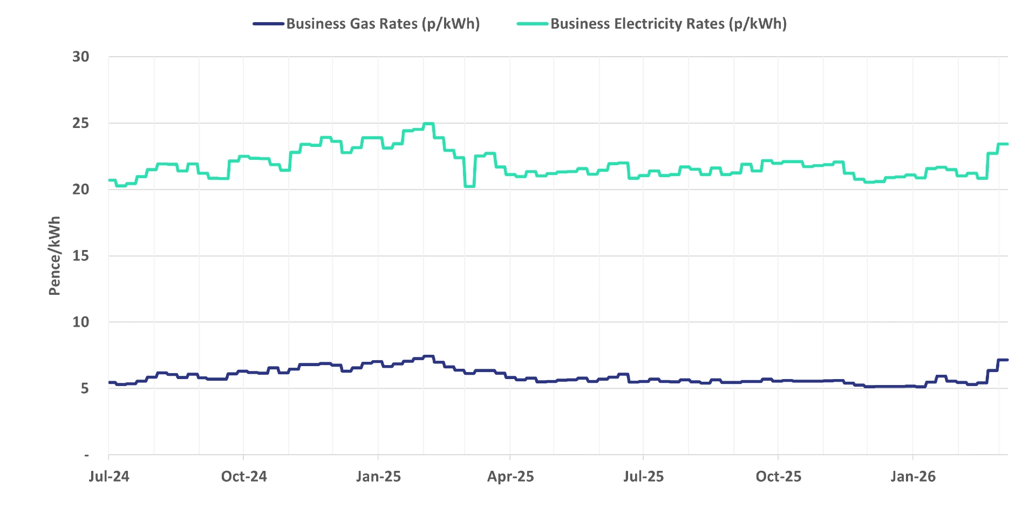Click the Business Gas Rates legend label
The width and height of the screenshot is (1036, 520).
[383, 24]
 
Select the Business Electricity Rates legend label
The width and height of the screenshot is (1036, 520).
[668, 24]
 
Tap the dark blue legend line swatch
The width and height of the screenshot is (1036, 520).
[268, 24]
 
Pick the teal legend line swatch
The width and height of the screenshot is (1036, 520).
[533, 24]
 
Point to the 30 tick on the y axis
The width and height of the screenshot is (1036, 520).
[81, 57]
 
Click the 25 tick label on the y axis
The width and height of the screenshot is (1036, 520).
[81, 123]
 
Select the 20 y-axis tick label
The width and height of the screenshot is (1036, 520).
[81, 190]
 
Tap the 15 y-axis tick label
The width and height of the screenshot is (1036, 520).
[81, 256]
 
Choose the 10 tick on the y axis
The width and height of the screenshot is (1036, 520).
[81, 322]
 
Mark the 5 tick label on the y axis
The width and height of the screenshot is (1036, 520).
[85, 389]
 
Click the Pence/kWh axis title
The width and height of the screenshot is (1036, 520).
[54, 256]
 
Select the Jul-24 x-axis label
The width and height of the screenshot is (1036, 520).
[109, 477]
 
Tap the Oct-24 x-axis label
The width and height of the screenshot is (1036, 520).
[244, 477]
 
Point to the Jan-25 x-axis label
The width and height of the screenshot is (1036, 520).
[378, 477]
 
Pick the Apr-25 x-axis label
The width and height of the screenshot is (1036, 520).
[510, 477]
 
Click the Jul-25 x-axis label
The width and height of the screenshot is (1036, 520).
[643, 477]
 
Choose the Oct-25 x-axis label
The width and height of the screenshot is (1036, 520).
[778, 477]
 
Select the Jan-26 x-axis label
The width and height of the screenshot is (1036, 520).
[913, 477]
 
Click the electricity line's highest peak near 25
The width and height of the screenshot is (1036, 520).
[428, 124]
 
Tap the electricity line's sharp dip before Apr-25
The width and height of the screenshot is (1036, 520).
[469, 186]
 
